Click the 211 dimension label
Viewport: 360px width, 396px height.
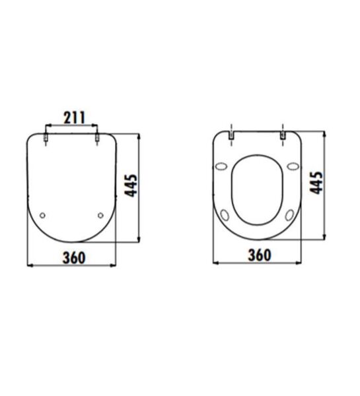tap(75, 117)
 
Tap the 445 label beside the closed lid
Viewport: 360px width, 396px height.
tap(131, 185)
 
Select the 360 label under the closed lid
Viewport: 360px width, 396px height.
tap(74, 258)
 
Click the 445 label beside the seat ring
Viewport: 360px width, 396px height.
tap(316, 183)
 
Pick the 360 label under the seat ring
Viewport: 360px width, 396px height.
tap(260, 255)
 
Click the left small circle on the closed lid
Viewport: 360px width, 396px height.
tap(43, 215)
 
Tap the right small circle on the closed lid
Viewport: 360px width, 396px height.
tap(100, 215)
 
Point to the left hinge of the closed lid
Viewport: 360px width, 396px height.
tap(46, 138)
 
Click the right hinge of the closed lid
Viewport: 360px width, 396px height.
tap(97, 138)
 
